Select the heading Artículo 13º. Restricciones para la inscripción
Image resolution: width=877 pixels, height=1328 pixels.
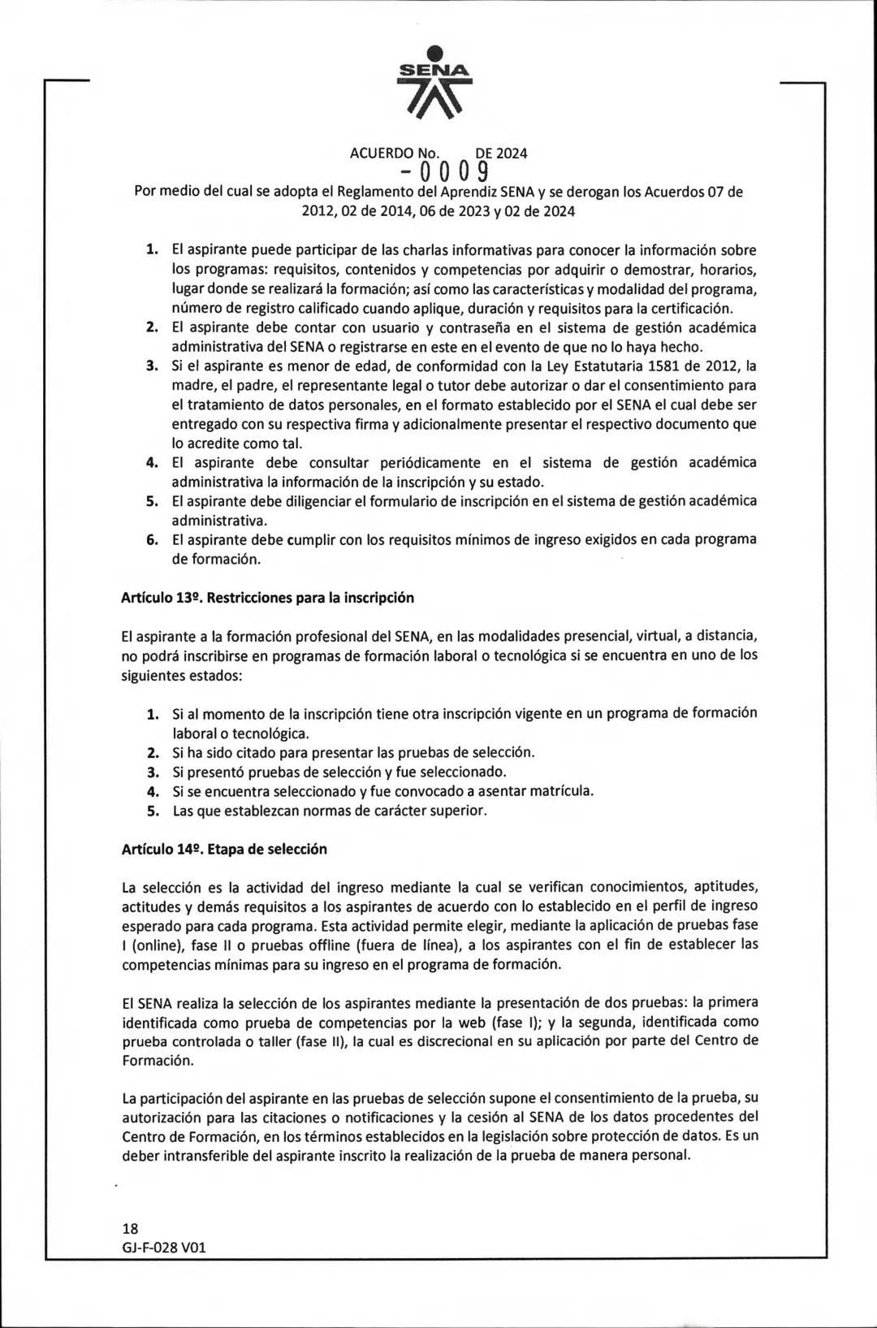click(267, 598)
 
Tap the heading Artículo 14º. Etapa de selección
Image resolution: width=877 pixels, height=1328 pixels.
click(224, 850)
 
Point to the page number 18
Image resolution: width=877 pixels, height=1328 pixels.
click(130, 1228)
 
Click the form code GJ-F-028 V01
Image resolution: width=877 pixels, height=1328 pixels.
click(164, 1247)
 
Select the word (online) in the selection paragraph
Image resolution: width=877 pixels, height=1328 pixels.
click(156, 945)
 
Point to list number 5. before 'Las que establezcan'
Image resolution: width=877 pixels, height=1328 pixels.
click(152, 811)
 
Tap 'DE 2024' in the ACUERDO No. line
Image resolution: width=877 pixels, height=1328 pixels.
click(501, 153)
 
